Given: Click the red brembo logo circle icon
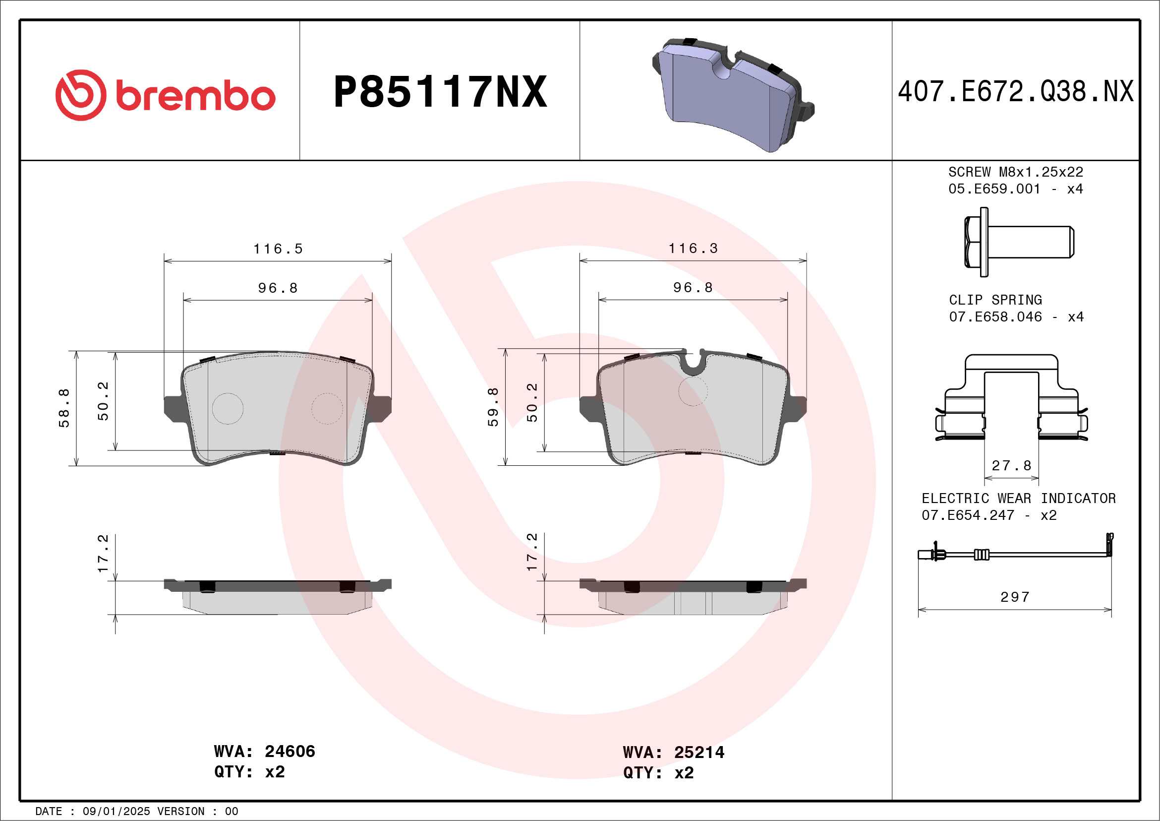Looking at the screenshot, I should (x=81, y=95).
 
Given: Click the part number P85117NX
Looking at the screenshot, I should (x=440, y=92).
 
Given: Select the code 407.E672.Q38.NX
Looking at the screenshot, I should (x=1016, y=92).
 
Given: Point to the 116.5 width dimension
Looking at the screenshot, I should (x=278, y=249).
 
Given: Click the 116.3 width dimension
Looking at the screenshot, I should (x=693, y=249).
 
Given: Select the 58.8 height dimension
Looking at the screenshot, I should (x=64, y=408).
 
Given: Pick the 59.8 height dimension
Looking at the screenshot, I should (x=493, y=407).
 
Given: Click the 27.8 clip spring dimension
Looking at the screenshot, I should (x=1011, y=466).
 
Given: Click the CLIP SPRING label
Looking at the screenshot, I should (x=995, y=300).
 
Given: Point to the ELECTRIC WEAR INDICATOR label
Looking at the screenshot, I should (x=1019, y=499).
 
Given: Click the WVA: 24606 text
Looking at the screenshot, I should (x=264, y=752).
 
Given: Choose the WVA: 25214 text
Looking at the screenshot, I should (x=674, y=753).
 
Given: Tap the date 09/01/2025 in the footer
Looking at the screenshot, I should (x=116, y=812).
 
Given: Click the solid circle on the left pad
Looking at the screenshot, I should (x=228, y=408).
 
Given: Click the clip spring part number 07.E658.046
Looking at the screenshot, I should (x=995, y=317).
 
